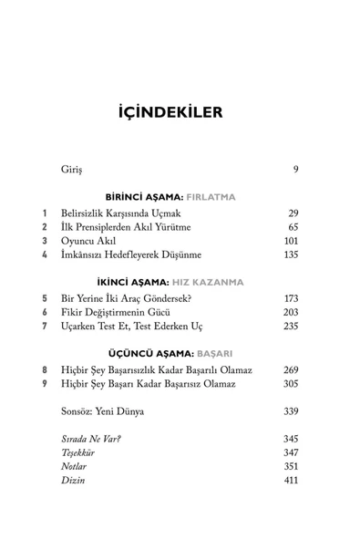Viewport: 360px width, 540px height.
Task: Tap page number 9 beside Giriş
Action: pos(294,170)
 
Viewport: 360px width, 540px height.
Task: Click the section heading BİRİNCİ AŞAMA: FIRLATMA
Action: pos(180,197)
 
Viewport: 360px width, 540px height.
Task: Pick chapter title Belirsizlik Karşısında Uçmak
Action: pos(121,213)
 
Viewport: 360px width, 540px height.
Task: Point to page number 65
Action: pos(292,226)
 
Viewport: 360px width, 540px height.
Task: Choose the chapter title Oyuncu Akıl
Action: pos(89,241)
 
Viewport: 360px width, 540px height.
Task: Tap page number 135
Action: pos(290,254)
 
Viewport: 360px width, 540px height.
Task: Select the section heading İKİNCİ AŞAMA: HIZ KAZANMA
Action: pos(180,283)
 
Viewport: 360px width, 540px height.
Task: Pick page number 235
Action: pos(290,327)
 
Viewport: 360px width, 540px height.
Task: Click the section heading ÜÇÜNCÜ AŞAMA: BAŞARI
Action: pos(180,355)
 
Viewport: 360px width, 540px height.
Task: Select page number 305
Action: pos(290,384)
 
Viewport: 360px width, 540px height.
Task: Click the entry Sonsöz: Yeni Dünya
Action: pos(102,412)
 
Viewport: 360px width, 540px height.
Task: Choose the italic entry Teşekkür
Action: pos(78,452)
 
